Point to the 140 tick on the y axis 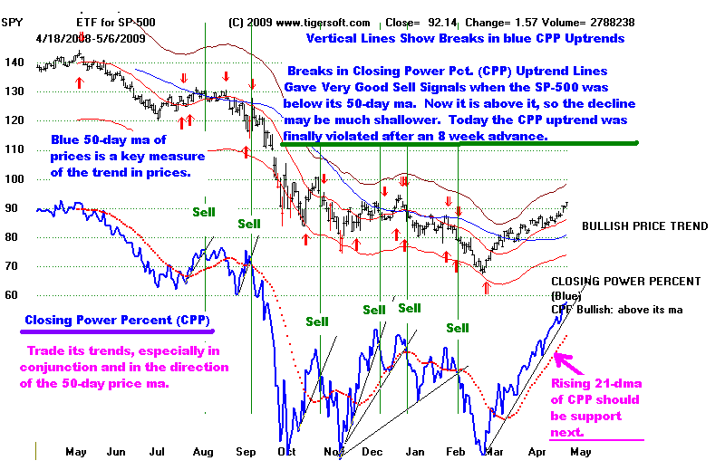click(x=14, y=62)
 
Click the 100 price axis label click(x=14, y=178)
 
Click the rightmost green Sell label click(x=458, y=327)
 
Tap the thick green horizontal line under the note click(x=459, y=142)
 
